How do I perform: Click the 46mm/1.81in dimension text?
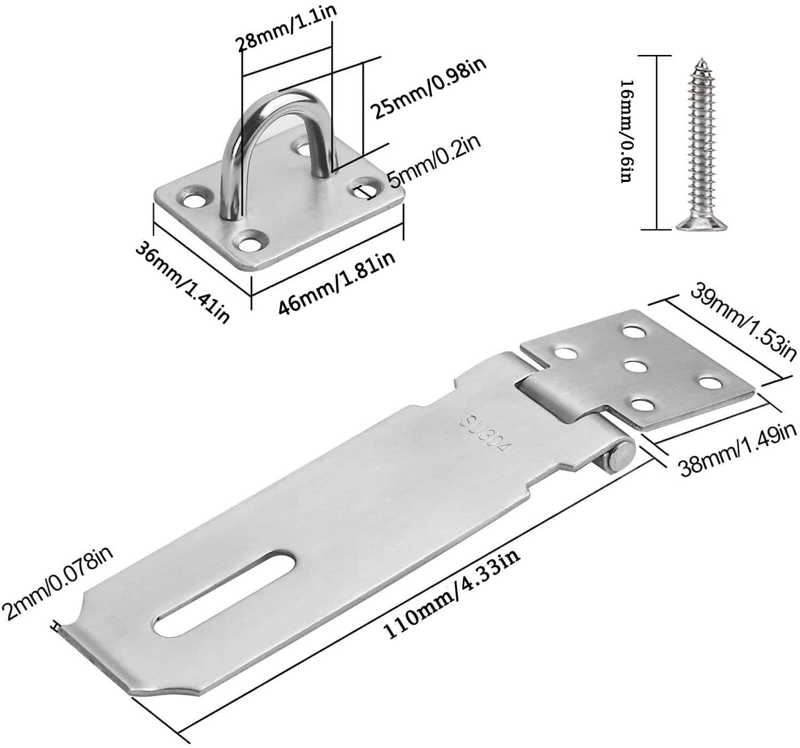pyautogui.click(x=336, y=283)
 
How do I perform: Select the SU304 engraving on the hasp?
pyautogui.click(x=483, y=434)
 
